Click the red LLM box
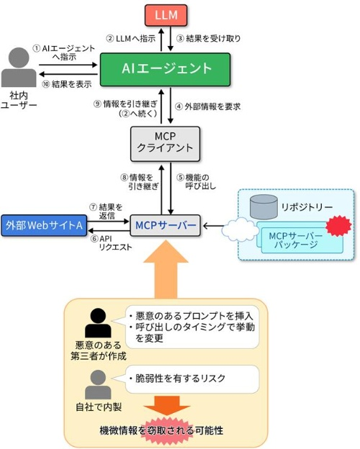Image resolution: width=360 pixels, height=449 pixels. click(166, 15)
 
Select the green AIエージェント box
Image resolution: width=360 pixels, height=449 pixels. click(165, 69)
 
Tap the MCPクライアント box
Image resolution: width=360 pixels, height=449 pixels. click(165, 144)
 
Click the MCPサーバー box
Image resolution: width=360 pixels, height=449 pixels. click(165, 225)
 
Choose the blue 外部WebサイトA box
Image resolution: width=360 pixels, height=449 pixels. click(44, 225)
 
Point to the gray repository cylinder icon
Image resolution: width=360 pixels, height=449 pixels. click(264, 207)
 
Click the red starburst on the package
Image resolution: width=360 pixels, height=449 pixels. click(338, 226)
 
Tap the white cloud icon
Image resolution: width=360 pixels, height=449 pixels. click(240, 230)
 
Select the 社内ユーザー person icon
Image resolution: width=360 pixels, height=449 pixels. click(19, 68)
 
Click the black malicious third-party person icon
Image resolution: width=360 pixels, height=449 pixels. click(98, 323)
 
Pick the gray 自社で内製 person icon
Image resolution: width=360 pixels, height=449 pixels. click(98, 384)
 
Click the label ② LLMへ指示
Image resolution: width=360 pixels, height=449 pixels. click(131, 38)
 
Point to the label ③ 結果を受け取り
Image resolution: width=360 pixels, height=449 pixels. click(208, 38)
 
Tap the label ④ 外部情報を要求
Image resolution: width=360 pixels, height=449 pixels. click(208, 106)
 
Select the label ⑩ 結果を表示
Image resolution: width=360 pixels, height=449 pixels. click(67, 84)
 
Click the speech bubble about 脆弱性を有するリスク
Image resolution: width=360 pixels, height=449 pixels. click(192, 379)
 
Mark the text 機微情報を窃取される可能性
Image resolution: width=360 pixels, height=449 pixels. click(161, 430)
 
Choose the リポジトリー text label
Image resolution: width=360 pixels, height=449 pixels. click(307, 207)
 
